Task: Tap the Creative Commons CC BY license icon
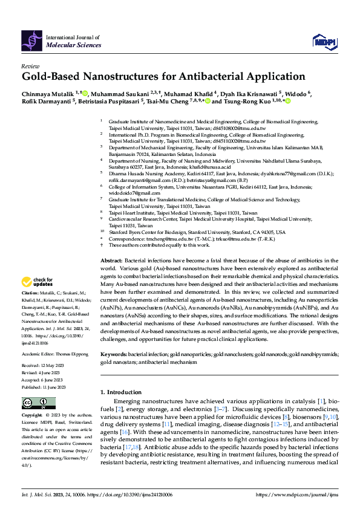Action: coord(31,403)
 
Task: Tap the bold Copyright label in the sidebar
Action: coord(31,416)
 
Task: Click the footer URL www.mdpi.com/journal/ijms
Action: coord(301,494)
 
